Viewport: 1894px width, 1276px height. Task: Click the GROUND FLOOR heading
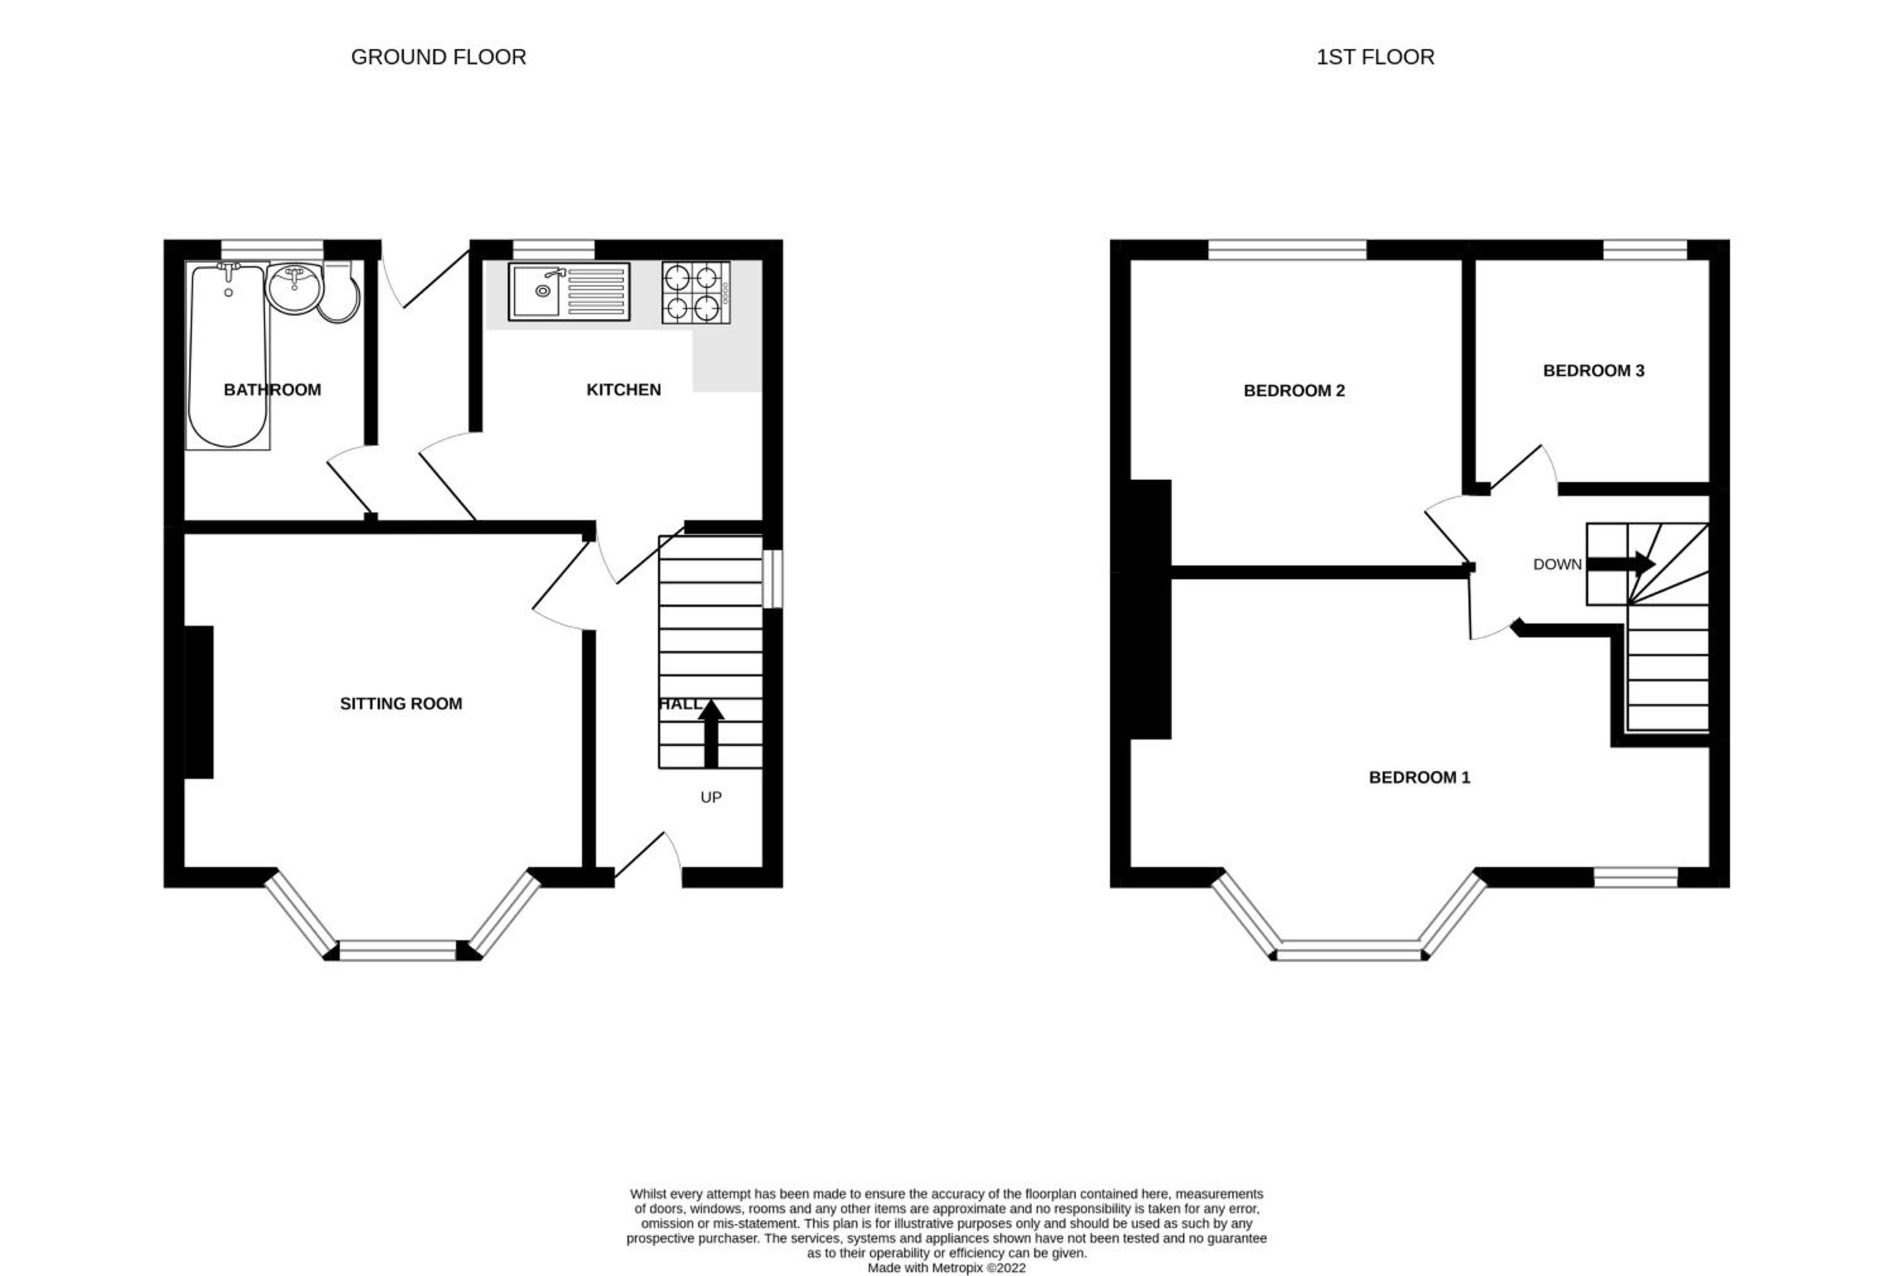tap(438, 57)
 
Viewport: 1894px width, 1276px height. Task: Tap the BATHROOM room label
tap(272, 390)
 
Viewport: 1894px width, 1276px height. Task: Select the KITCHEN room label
tap(624, 390)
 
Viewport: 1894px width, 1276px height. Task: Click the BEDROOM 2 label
tap(1294, 391)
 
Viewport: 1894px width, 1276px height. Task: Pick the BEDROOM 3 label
tap(1593, 371)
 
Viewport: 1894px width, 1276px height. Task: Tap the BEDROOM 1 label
tap(1419, 777)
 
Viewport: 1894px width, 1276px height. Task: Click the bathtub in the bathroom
tap(228, 356)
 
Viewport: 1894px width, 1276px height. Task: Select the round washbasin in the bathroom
tap(295, 288)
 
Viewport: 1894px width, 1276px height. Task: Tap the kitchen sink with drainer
tap(569, 292)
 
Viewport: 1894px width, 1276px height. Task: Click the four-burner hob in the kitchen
tap(696, 293)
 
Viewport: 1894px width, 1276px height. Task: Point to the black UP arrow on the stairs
tap(710, 733)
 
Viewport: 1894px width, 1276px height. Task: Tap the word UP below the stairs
tap(710, 798)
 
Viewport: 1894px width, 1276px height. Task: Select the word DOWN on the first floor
tap(1557, 565)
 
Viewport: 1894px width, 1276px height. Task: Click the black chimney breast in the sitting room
tap(199, 702)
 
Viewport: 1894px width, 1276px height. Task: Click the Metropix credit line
tap(946, 1268)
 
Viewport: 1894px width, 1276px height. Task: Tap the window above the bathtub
tap(273, 249)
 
